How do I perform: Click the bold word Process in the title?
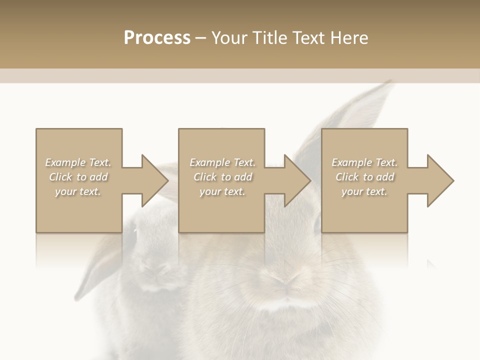coord(157,38)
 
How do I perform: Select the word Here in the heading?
coord(350,38)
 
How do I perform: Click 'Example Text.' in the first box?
coord(78,162)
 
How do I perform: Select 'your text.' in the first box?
coord(78,191)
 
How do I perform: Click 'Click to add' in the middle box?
coord(222,177)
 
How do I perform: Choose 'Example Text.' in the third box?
coord(364,162)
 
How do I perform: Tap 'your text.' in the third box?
coord(364,191)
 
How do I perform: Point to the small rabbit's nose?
coord(155,270)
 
